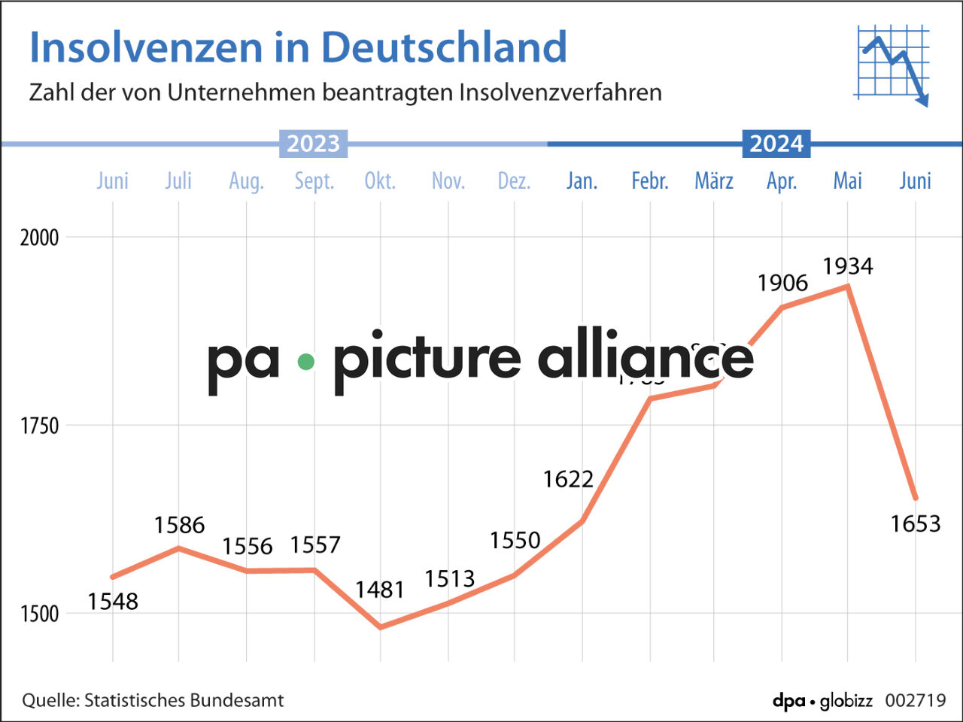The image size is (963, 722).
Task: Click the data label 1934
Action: coord(847,266)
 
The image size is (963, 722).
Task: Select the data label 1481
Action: coord(380,590)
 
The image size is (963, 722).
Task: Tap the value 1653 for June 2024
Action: coord(915,523)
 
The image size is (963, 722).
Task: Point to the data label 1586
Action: coord(179,525)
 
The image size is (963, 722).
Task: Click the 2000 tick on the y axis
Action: coord(39,238)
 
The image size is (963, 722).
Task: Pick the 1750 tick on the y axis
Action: coord(39,426)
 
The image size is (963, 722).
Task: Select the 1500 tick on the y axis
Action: coord(39,614)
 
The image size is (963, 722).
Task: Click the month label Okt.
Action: coord(380,181)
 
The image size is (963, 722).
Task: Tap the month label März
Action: coord(713,181)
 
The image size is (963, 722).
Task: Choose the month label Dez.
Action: coord(514,181)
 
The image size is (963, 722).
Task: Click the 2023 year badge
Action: coord(313,144)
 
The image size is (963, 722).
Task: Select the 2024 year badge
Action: coord(776,144)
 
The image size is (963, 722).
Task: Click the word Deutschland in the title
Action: coord(444,47)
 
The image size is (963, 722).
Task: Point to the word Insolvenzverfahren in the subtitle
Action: coord(560,93)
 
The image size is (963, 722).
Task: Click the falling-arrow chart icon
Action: coord(892,65)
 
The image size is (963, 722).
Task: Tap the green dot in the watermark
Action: coord(305,362)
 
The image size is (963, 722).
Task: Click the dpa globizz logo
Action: coord(822,700)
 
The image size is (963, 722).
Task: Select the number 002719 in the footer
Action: coord(915,700)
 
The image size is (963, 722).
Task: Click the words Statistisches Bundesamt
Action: coord(184,700)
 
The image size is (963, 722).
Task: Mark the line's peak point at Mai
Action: coord(848,287)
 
